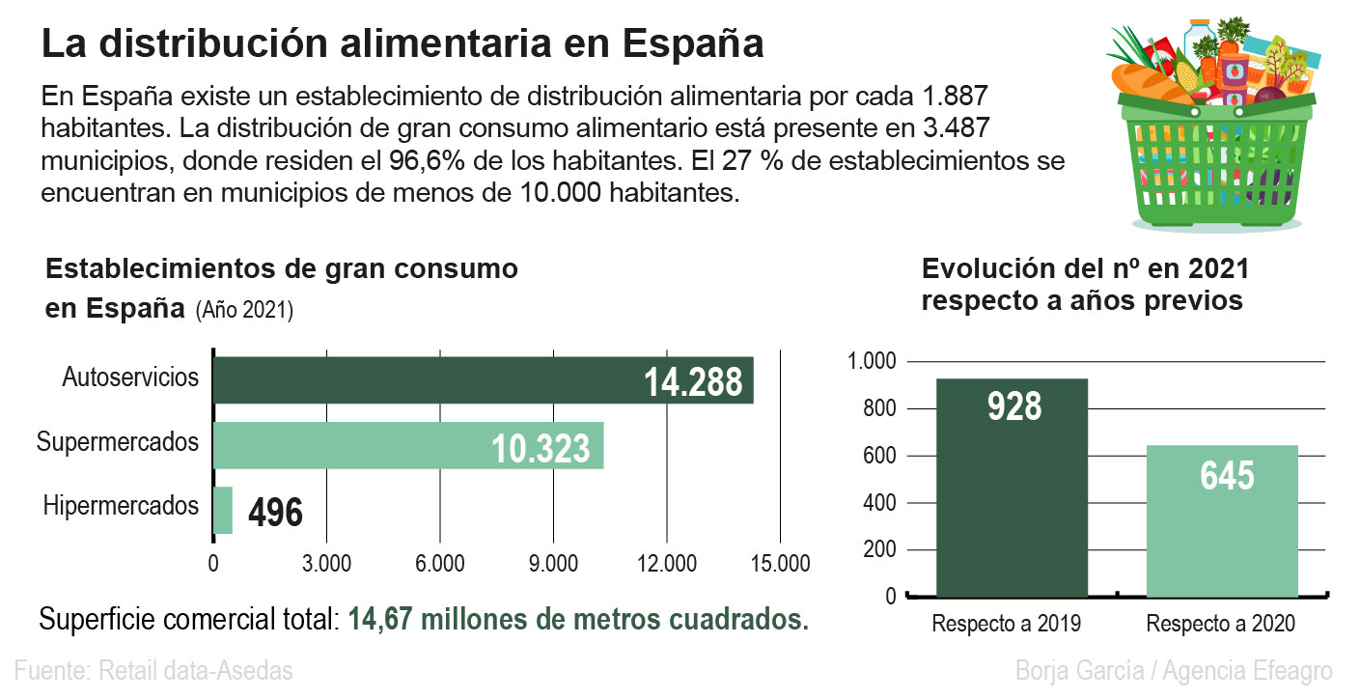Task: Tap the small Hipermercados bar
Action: (223, 510)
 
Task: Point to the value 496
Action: (275, 513)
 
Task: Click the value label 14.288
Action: (693, 382)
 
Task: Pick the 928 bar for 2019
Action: (1012, 488)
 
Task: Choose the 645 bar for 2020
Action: (1222, 521)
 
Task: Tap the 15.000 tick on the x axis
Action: (780, 564)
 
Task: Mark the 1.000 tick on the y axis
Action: (872, 362)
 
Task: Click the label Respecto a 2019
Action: (1007, 624)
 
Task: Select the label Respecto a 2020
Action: (1221, 624)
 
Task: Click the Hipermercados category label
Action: (121, 506)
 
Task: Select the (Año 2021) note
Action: (244, 311)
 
